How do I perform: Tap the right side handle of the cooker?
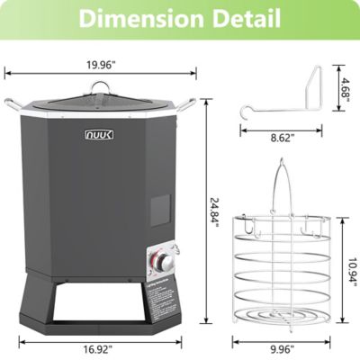187,103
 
